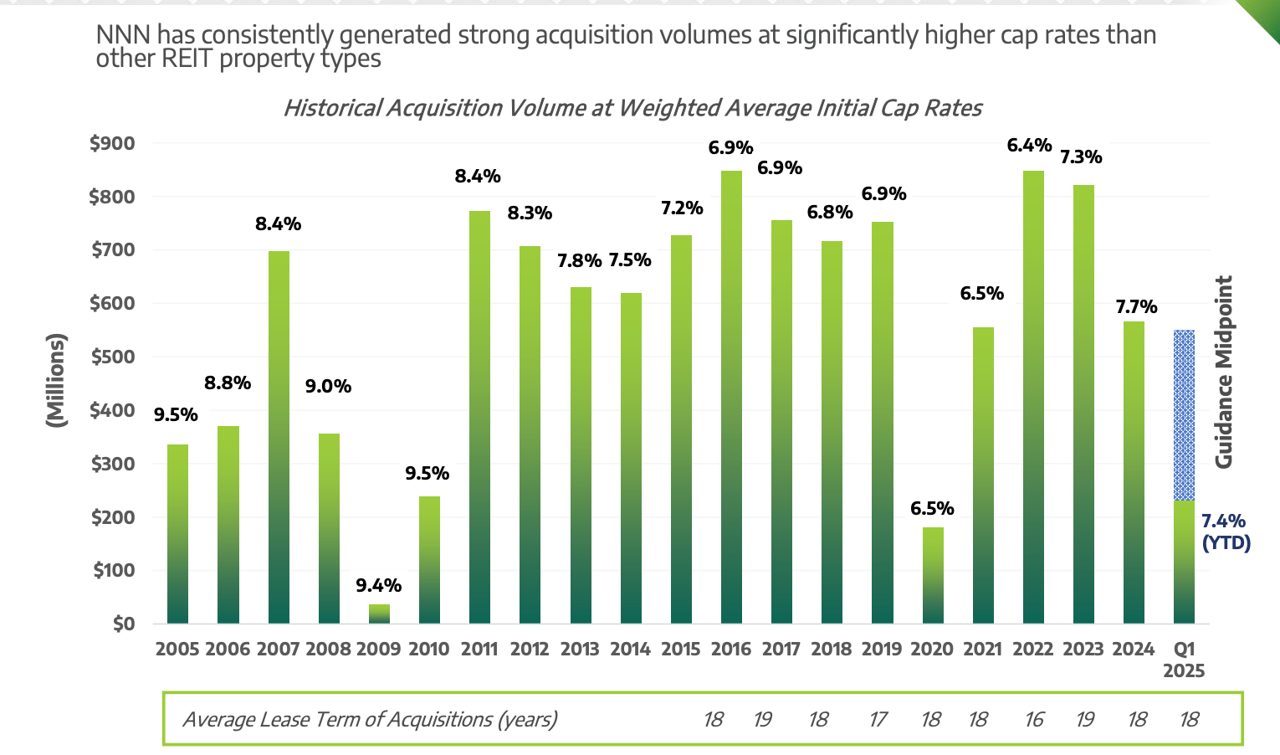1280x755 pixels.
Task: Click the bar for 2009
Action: point(379,614)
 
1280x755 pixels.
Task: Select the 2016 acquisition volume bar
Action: point(731,398)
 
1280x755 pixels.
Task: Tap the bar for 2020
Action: point(933,576)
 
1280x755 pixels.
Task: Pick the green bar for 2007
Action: point(279,437)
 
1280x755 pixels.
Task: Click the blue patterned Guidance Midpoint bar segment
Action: point(1184,415)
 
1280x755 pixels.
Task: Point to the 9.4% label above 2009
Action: point(379,586)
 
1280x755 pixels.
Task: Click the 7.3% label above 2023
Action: point(1081,157)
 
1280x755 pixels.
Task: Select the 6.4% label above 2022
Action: point(1029,146)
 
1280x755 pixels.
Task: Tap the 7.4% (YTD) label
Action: point(1226,532)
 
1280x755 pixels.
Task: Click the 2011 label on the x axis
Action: point(479,650)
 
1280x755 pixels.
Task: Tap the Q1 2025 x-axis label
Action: point(1184,660)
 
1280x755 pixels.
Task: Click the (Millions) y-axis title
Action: point(56,381)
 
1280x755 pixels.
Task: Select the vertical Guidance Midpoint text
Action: point(1224,372)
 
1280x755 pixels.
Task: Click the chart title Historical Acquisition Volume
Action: point(632,108)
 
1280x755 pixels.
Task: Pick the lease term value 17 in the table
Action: point(878,720)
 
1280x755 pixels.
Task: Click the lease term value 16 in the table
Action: point(1034,720)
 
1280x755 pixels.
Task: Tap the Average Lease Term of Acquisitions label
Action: point(370,720)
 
